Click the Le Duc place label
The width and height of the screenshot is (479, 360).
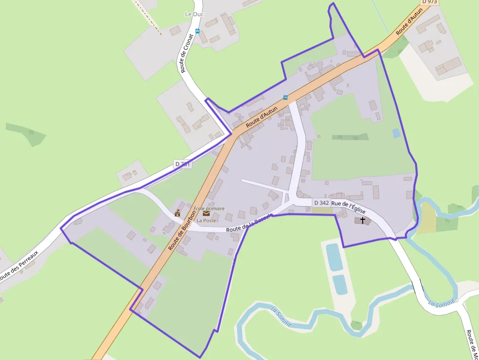point(194,14)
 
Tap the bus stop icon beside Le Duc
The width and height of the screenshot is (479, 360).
point(197,31)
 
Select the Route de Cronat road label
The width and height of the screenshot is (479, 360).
point(186,53)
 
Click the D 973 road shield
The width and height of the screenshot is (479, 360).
point(430,2)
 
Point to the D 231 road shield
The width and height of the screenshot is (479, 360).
point(183,164)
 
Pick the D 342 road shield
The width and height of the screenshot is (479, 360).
point(321,202)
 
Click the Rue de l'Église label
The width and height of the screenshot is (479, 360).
point(348,206)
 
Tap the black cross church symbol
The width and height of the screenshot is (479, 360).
point(363,220)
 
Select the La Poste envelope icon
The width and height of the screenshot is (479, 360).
point(206,213)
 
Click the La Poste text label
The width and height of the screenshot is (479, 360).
point(206,220)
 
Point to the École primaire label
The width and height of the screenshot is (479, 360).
point(209,209)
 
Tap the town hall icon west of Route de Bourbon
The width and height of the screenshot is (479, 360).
point(177,213)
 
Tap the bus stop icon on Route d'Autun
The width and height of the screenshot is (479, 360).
point(285,97)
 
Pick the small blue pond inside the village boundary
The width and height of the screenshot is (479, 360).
point(396,133)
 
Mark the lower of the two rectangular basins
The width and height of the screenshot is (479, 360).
point(340,284)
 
